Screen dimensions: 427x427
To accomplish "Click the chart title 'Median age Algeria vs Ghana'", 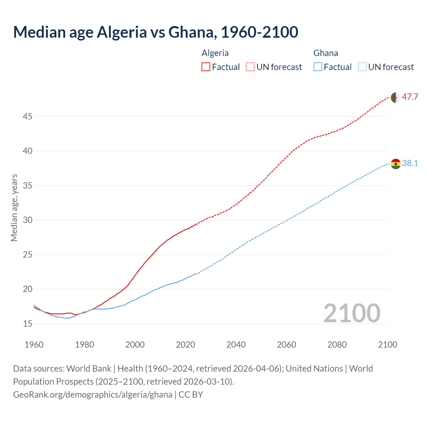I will click(155, 32).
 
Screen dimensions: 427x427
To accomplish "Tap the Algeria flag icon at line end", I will click(396, 97).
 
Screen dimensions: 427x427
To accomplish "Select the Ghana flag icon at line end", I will click(396, 164).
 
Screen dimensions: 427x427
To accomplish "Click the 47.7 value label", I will click(410, 97).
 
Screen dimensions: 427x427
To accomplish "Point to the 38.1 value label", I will click(410, 163).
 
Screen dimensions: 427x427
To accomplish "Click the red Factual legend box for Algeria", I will click(206, 67).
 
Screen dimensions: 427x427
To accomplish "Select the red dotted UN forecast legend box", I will click(250, 67).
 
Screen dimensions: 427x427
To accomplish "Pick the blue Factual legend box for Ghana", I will click(318, 67).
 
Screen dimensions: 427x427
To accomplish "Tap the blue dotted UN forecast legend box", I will click(362, 67).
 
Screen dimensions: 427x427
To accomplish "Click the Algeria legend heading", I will click(215, 53).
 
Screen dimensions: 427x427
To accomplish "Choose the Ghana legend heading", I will click(326, 53).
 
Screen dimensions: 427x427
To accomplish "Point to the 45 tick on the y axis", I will click(27, 116).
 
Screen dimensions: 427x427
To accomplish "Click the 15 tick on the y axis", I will click(27, 324).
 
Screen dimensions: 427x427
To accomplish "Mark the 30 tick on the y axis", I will click(27, 220).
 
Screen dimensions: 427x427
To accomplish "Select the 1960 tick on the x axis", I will click(34, 345).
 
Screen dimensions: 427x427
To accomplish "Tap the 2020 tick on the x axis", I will click(185, 345).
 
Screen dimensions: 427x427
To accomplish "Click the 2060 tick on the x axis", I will click(287, 345).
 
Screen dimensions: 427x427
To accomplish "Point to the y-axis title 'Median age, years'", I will click(14, 207).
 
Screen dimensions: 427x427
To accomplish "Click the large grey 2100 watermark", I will click(352, 313).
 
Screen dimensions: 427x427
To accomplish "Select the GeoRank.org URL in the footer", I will click(93, 395).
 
